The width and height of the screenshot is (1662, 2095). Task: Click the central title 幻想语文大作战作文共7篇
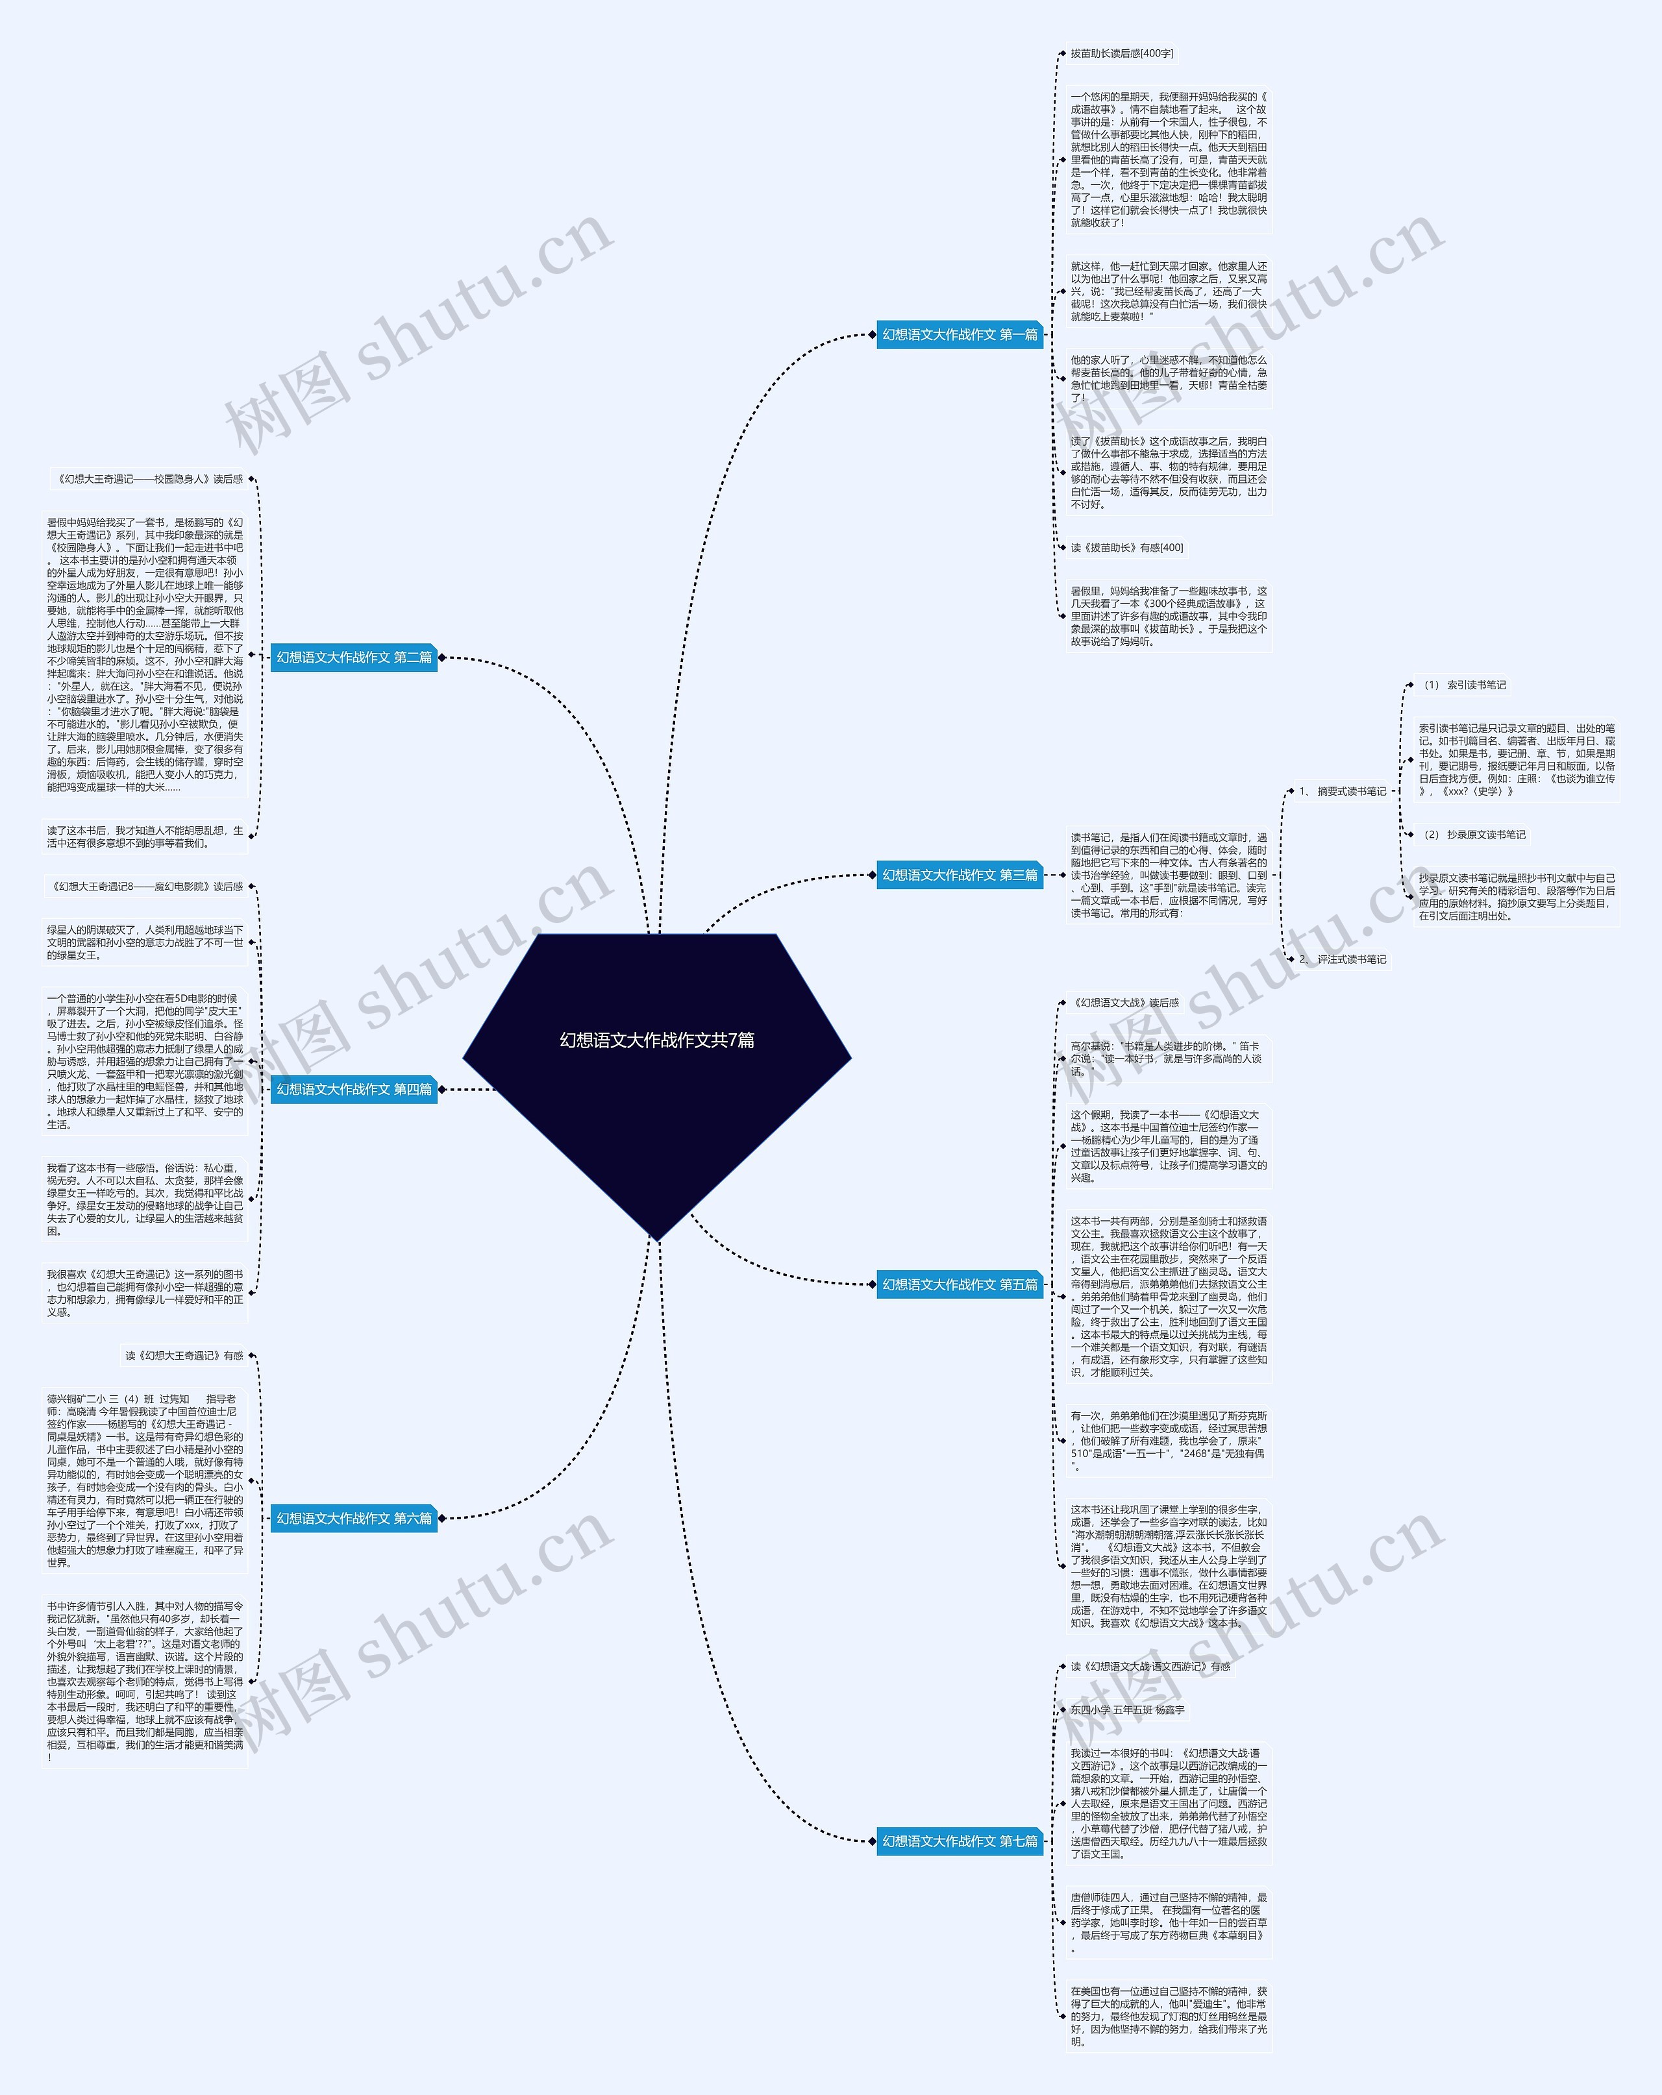[x=657, y=1040]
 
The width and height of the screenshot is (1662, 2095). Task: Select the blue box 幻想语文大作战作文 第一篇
[x=960, y=334]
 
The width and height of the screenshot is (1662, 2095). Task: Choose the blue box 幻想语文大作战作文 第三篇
[x=960, y=874]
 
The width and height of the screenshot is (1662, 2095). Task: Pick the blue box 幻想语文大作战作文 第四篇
[x=354, y=1089]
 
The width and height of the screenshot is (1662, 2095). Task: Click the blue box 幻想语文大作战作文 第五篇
[x=960, y=1284]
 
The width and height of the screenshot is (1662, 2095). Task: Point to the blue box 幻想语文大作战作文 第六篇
[x=354, y=1518]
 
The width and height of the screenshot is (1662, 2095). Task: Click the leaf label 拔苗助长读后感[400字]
[x=1122, y=53]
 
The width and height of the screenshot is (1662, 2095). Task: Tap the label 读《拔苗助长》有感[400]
[x=1126, y=547]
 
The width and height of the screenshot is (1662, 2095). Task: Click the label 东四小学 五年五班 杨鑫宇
[x=1128, y=1709]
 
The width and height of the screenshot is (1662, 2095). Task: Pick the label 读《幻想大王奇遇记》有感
[x=184, y=1356]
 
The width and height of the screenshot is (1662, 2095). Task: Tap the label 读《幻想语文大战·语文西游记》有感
[x=1150, y=1667]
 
